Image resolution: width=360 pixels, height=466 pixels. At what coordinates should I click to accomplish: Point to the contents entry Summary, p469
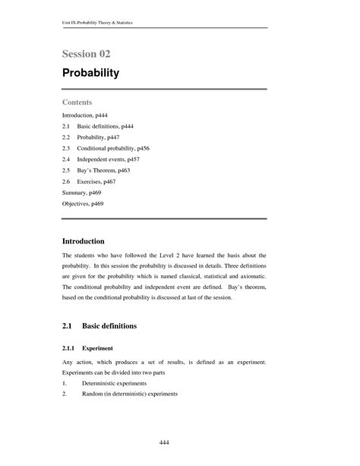pos(81,194)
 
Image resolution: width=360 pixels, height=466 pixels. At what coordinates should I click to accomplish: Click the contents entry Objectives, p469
pos(83,205)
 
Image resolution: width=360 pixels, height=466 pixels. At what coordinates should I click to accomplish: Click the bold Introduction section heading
pos(88,240)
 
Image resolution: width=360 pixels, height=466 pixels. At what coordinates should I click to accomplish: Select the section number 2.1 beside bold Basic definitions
pos(68,325)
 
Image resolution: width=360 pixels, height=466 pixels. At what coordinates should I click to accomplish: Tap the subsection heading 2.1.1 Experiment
pos(87,349)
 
